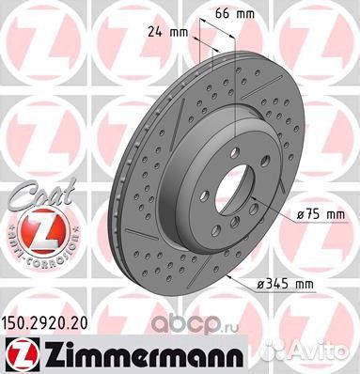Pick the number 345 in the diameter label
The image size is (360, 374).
point(306,281)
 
